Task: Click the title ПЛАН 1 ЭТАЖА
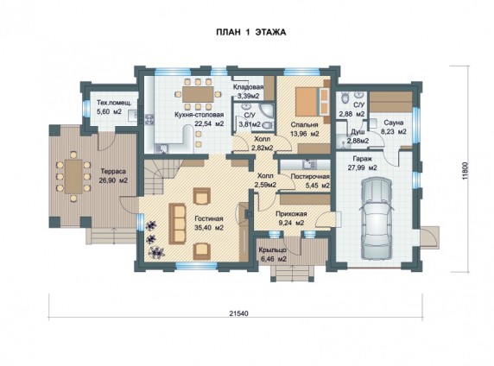click(250, 32)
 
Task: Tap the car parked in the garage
click(377, 218)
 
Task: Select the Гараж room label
click(362, 159)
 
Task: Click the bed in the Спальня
click(312, 102)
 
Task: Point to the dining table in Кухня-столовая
click(198, 94)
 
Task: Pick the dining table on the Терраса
click(73, 176)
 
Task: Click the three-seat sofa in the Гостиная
click(177, 224)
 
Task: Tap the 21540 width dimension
click(238, 313)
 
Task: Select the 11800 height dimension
click(466, 171)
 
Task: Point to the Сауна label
click(393, 123)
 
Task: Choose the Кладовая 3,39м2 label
click(248, 91)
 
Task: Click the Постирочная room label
click(310, 176)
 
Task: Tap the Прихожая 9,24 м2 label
click(291, 218)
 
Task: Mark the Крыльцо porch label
click(273, 255)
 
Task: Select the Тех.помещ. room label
click(113, 103)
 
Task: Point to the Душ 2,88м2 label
click(358, 136)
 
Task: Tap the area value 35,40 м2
click(209, 227)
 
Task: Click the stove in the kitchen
click(149, 119)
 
